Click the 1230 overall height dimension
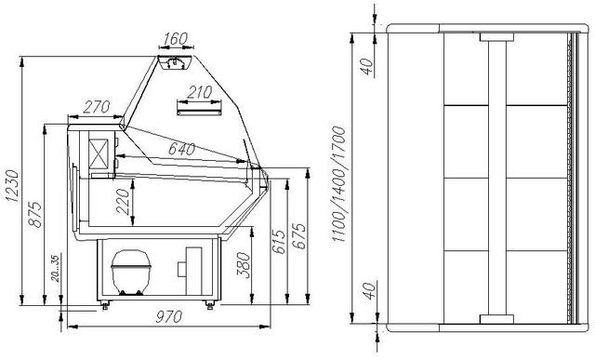pos(12,186)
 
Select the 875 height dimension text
pos(35,215)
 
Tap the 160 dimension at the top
pos(176,38)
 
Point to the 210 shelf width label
pos(199,92)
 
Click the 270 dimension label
pos(97,107)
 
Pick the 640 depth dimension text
pos(181,149)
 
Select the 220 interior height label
pos(124,202)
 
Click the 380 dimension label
pos(244,265)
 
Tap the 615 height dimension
pos(278,241)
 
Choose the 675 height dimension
pos(299,236)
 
